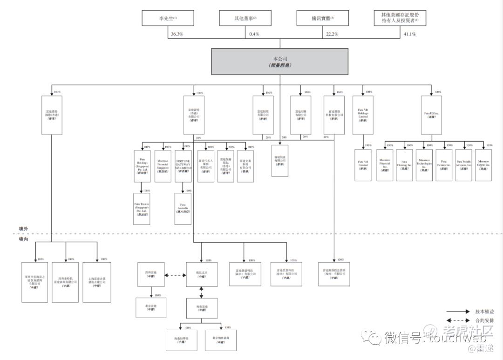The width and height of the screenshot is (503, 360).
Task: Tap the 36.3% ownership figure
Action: pos(177,34)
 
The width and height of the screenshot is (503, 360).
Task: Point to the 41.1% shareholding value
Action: pos(410,34)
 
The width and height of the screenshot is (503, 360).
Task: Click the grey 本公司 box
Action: pos(280,60)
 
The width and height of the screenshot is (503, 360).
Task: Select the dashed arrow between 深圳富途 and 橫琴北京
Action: pos(175,275)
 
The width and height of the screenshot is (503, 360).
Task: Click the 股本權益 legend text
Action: pos(483,311)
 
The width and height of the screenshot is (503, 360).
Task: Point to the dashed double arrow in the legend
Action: pos(458,320)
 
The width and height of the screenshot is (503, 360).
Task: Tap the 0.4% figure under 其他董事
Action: pos(254,34)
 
